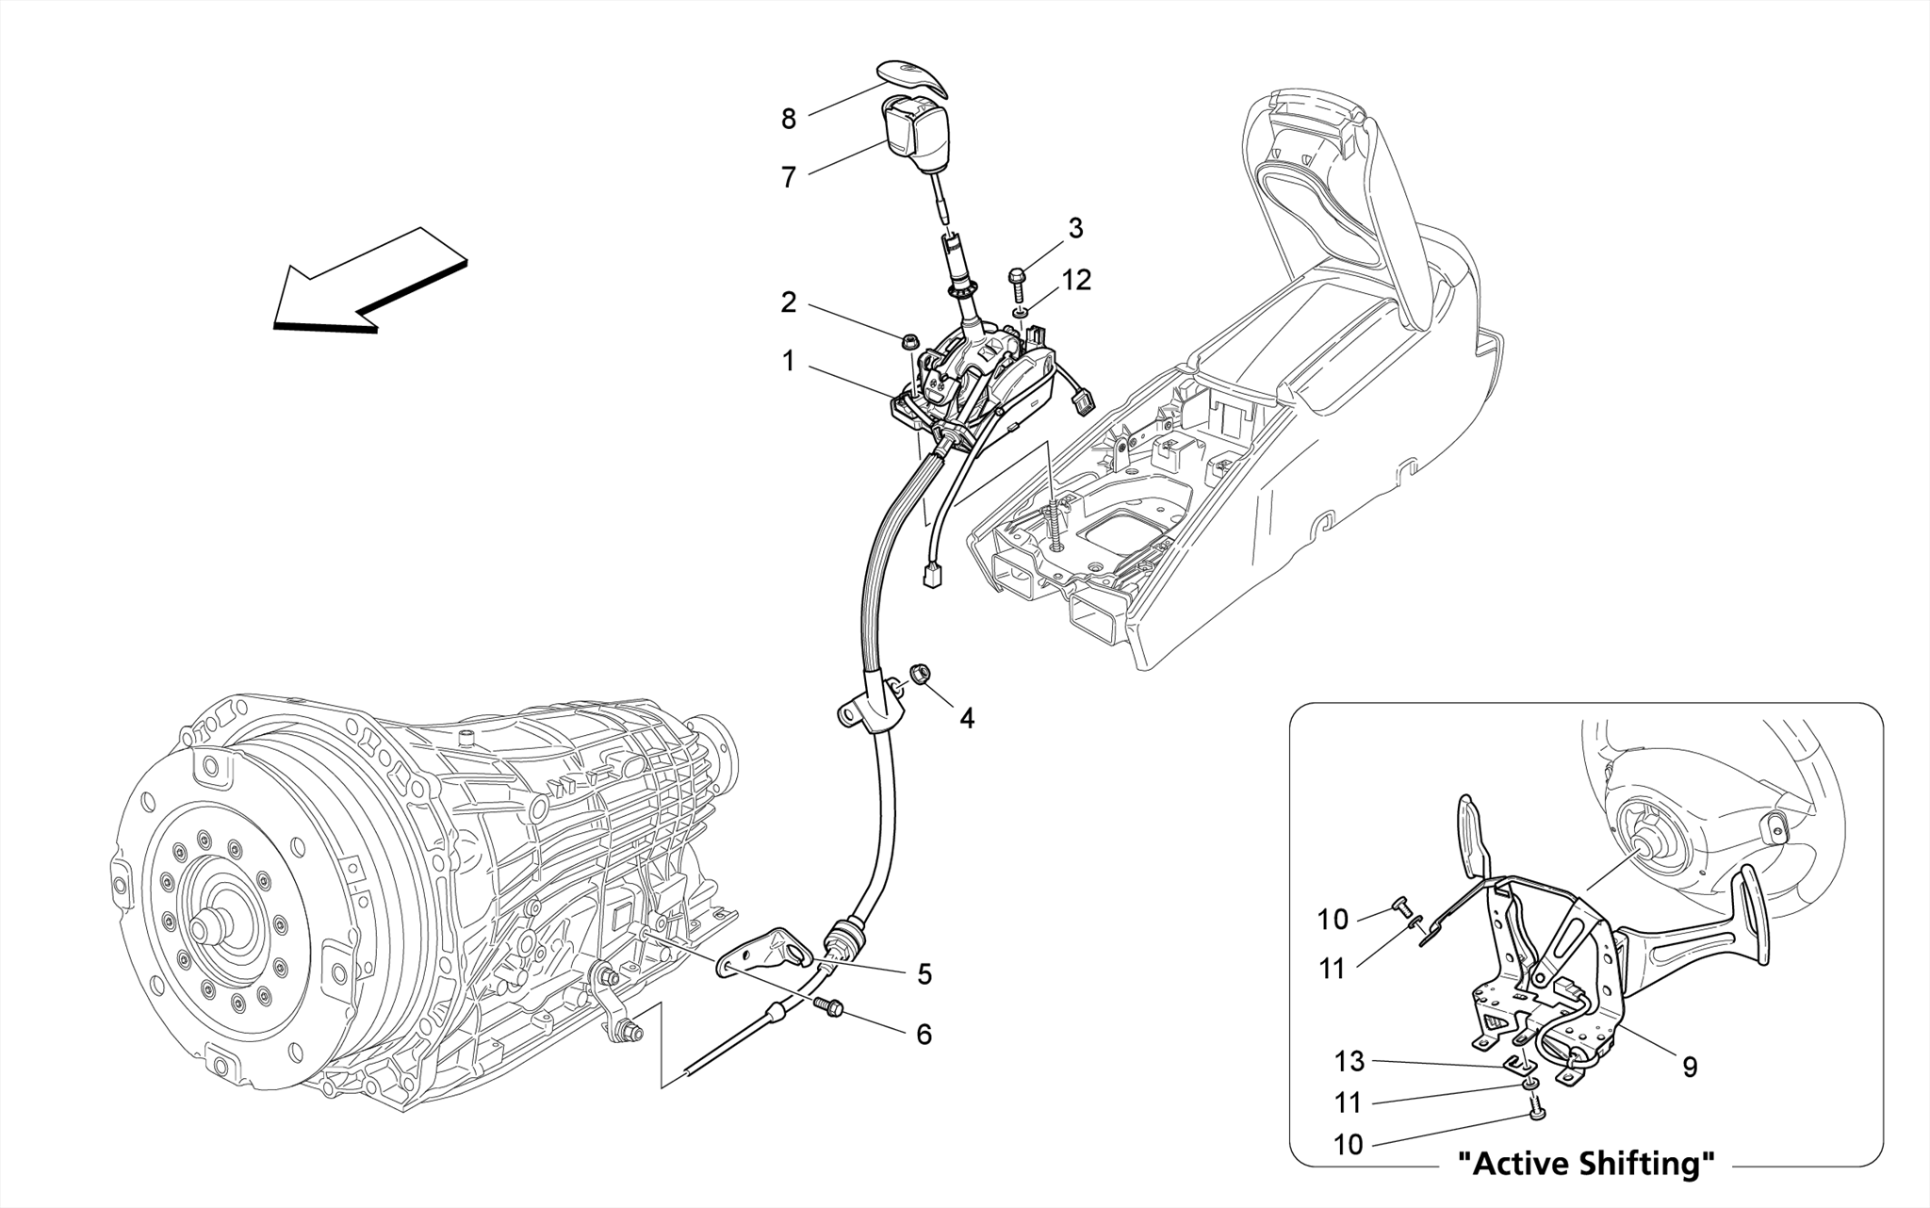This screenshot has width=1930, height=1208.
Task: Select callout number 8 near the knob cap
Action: [788, 120]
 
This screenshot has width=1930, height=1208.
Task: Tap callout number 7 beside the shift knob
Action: [788, 177]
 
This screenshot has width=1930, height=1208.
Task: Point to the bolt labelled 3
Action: [1018, 281]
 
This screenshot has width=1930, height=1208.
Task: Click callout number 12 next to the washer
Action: [1076, 280]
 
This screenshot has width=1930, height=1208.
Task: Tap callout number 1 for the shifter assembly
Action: [788, 361]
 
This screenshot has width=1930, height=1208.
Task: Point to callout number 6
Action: [924, 1035]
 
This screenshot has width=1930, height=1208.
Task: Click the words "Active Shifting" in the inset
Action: [1586, 1165]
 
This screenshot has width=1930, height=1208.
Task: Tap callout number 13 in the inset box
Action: [1349, 1062]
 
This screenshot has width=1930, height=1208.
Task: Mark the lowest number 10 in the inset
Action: [1349, 1145]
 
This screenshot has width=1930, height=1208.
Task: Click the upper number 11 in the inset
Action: [1332, 969]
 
